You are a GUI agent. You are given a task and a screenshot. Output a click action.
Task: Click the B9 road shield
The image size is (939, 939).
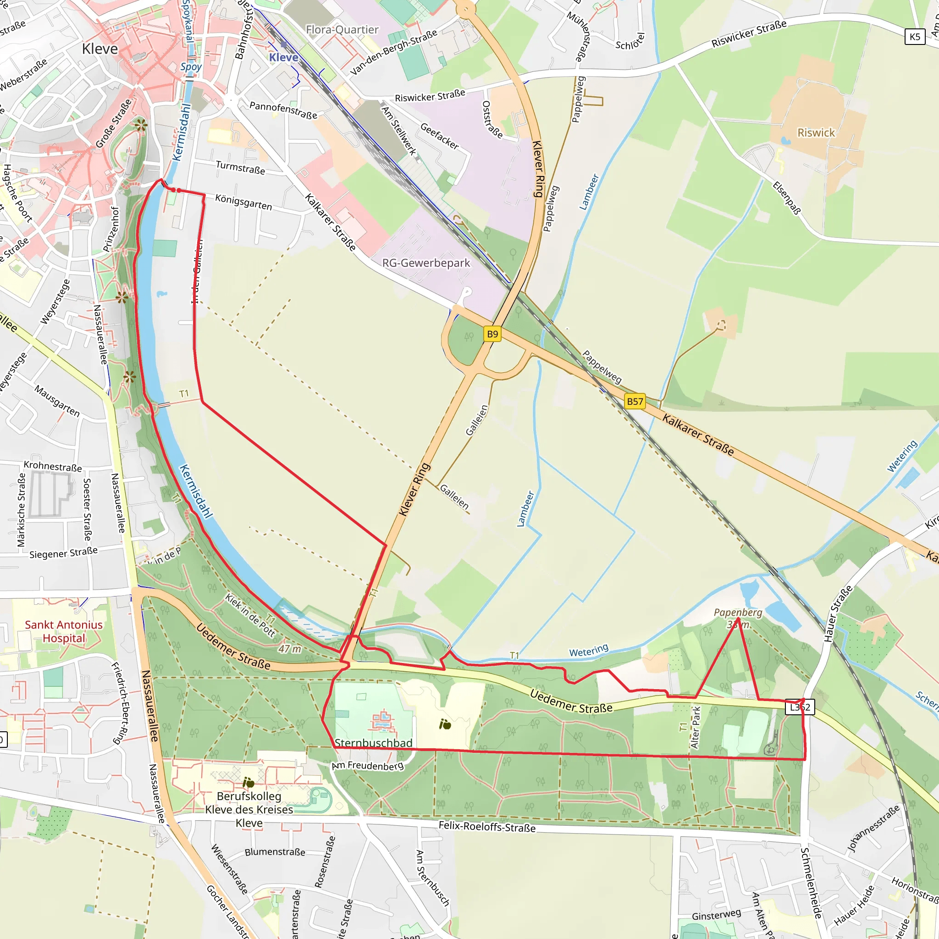click(x=492, y=334)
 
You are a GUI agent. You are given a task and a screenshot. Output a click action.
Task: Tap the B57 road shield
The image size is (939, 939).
click(x=635, y=402)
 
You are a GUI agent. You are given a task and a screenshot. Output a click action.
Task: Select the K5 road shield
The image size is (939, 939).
click(x=915, y=37)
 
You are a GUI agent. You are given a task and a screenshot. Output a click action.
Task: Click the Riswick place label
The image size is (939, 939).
click(x=816, y=133)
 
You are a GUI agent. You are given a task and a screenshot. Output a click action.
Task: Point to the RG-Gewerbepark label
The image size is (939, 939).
click(x=426, y=263)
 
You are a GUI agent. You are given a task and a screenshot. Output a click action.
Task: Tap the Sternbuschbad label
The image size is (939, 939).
click(x=373, y=743)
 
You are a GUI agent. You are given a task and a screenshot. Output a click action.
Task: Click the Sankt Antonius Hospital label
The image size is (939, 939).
click(x=64, y=631)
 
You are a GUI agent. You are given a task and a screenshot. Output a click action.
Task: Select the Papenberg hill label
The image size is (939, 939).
click(x=738, y=613)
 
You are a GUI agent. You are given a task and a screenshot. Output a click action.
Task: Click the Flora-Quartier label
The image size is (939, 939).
click(x=342, y=30)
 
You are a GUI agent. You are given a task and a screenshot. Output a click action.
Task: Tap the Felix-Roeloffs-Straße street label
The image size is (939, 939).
click(x=487, y=826)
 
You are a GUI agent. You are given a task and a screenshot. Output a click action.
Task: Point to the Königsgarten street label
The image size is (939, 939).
click(x=243, y=202)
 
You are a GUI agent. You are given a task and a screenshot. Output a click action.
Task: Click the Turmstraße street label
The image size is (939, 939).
click(x=241, y=168)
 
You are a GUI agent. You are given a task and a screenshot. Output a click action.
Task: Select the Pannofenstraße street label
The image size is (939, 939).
click(x=283, y=110)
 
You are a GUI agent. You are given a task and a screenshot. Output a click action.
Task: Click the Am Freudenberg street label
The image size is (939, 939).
click(x=367, y=766)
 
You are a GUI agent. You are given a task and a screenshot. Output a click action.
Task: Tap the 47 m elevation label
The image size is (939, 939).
click(x=290, y=649)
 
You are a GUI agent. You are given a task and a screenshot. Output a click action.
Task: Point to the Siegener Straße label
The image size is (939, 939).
click(x=63, y=552)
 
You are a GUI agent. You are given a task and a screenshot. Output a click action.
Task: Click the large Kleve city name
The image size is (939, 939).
click(x=100, y=49)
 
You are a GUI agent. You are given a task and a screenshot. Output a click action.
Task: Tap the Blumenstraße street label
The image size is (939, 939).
click(x=275, y=852)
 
